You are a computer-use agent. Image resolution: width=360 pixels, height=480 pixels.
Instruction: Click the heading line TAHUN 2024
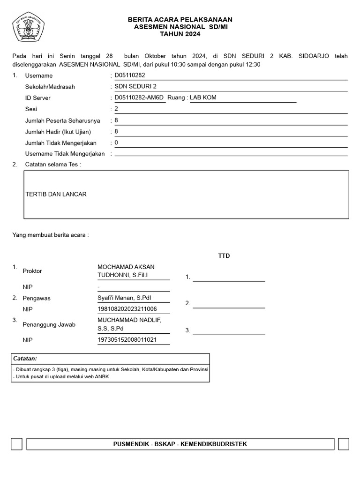pyautogui.click(x=180, y=34)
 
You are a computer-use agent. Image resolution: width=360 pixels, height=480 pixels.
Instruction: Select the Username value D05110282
pyautogui.click(x=130, y=75)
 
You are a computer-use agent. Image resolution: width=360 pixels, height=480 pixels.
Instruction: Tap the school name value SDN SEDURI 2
pyautogui.click(x=135, y=87)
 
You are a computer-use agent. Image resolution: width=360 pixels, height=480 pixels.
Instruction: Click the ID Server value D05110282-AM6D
pyautogui.click(x=139, y=98)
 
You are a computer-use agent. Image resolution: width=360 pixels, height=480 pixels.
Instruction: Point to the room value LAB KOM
pyautogui.click(x=203, y=98)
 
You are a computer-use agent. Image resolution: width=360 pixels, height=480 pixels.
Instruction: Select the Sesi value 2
pyautogui.click(x=116, y=109)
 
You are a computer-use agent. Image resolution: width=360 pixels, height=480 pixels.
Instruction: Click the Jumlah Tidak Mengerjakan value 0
pyautogui.click(x=116, y=143)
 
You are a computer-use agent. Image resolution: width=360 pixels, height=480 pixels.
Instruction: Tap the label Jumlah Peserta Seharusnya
pyautogui.click(x=62, y=121)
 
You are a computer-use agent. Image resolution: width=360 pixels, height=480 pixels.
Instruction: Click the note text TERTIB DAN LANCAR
pyautogui.click(x=56, y=194)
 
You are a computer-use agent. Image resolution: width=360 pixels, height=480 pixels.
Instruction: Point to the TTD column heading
pyautogui.click(x=224, y=256)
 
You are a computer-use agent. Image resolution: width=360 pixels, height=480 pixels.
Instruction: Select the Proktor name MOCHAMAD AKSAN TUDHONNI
pyautogui.click(x=126, y=271)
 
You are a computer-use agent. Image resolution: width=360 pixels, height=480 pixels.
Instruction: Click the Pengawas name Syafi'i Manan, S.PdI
pyautogui.click(x=124, y=298)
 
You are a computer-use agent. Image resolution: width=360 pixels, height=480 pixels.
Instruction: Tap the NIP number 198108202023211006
pyautogui.click(x=127, y=309)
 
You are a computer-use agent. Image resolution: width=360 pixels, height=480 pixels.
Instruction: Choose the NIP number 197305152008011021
pyautogui.click(x=127, y=340)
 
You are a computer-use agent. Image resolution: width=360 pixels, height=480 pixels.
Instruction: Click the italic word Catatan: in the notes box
pyautogui.click(x=25, y=359)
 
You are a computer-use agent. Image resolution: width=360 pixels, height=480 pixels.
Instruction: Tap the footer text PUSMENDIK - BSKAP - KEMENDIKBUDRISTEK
pyautogui.click(x=180, y=444)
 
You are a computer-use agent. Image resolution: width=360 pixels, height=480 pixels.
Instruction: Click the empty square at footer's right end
pyautogui.click(x=343, y=444)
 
